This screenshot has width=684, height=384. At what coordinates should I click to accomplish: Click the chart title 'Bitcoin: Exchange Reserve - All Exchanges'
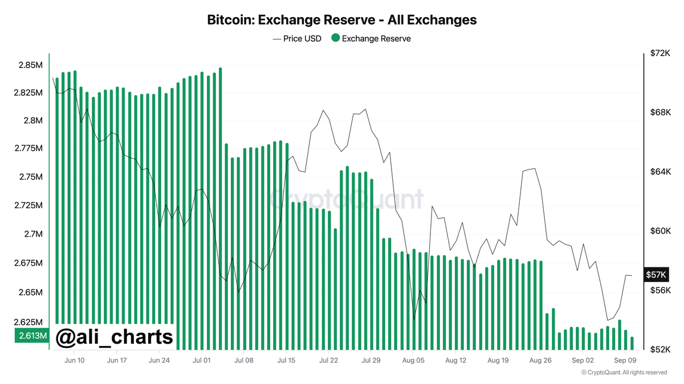point(341,20)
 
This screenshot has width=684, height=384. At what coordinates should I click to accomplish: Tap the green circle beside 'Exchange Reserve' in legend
point(335,38)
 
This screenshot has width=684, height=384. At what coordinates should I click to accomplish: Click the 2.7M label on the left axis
point(31,234)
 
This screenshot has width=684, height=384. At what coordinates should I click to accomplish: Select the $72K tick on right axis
point(659,53)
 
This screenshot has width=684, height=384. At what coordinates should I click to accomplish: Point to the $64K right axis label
point(659,172)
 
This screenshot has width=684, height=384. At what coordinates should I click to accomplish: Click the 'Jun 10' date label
point(75,360)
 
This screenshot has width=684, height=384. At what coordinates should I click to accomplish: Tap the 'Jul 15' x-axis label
point(286,360)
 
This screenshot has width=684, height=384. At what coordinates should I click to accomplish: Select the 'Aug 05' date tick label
point(413,360)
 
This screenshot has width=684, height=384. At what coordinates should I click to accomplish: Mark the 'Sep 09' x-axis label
point(625,360)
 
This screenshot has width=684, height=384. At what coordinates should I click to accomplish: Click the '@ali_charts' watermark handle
point(114,337)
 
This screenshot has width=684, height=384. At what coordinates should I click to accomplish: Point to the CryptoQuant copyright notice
point(624,373)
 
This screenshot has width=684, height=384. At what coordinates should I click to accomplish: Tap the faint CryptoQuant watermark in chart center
point(346,199)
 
